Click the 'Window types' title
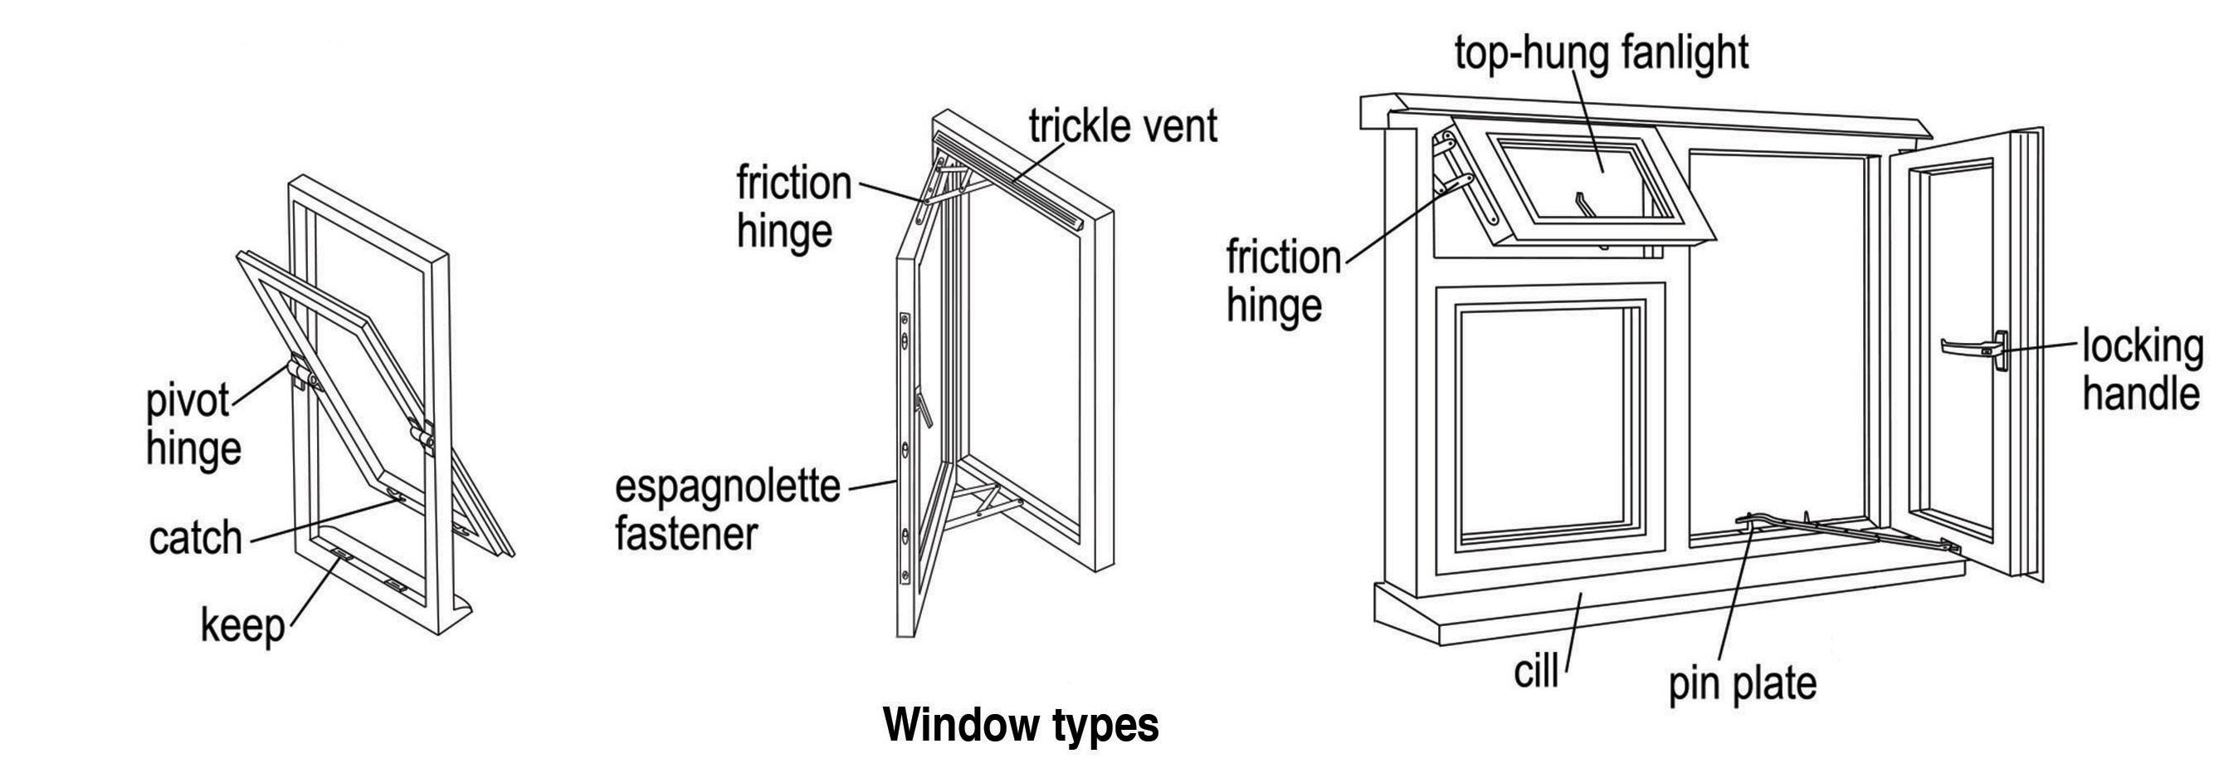click(1020, 725)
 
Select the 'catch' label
click(196, 538)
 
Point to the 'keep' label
click(242, 625)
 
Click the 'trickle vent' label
click(1122, 126)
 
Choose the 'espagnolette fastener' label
click(727, 510)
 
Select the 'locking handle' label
click(2141, 370)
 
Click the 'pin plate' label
click(1742, 683)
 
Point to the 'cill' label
click(1536, 671)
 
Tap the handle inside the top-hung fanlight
click(1583, 204)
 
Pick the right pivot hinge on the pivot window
click(423, 435)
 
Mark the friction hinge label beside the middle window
click(793, 208)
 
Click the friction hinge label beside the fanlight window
click(1282, 282)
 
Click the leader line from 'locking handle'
click(2042, 347)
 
